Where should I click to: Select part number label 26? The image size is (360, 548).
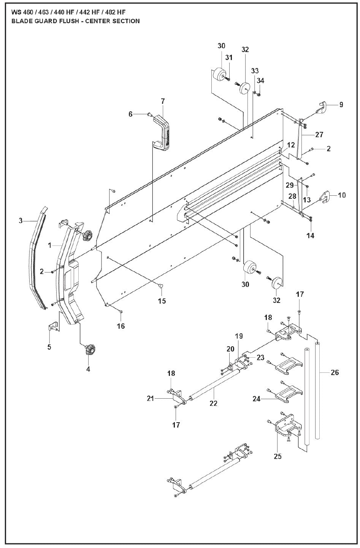pos(335,372)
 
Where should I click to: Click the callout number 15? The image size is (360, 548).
pos(162,301)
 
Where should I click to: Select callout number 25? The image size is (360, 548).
pos(278,456)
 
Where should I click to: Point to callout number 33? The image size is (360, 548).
pos(255,71)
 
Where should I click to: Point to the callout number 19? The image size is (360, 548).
pos(239,336)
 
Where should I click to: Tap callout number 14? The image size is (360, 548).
pos(311,236)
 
